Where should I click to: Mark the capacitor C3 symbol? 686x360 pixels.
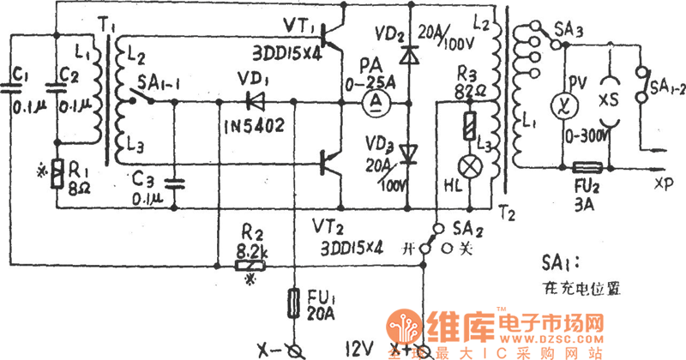click(175, 183)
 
